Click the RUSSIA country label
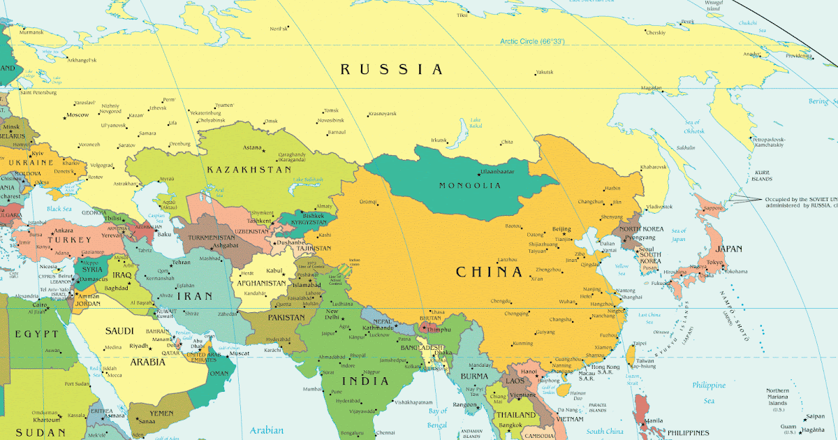click(x=391, y=69)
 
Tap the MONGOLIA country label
click(x=469, y=186)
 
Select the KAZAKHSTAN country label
click(x=249, y=170)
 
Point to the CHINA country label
click(x=489, y=272)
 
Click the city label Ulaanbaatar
click(x=497, y=172)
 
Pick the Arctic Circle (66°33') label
click(x=531, y=42)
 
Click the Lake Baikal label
click(x=476, y=123)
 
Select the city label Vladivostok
click(x=659, y=207)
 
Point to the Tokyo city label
click(x=714, y=263)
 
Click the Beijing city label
click(x=561, y=229)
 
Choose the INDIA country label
click(x=365, y=381)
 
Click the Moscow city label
click(x=77, y=115)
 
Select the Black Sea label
click(x=59, y=209)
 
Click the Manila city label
click(x=654, y=420)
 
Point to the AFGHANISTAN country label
click(x=261, y=284)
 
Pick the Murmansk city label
click(x=31, y=32)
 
